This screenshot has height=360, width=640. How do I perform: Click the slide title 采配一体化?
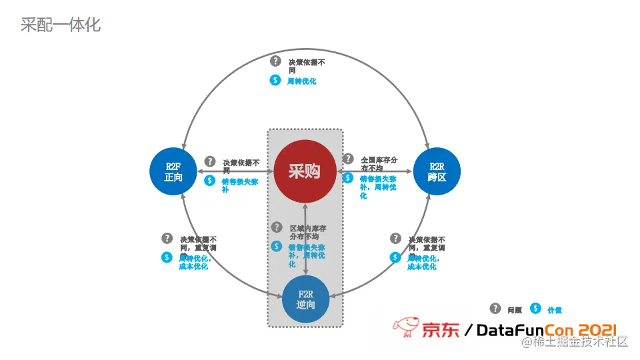click(61, 25)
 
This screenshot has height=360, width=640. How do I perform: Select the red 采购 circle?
click(304, 171)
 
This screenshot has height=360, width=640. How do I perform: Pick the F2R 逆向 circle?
click(306, 299)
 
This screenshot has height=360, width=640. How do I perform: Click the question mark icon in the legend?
click(495, 309)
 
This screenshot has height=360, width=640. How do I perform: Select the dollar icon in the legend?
click(535, 309)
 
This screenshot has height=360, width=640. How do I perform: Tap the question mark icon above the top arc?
click(275, 61)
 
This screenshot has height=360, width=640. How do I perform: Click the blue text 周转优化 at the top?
click(301, 81)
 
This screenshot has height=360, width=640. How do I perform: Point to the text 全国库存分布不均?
click(379, 164)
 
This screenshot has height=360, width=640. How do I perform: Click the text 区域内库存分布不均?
click(307, 232)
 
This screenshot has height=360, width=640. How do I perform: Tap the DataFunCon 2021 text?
click(546, 329)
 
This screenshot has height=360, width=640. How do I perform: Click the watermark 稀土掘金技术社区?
click(575, 342)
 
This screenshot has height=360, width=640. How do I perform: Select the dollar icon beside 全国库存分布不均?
click(347, 178)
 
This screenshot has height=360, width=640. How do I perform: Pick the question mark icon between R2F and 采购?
click(210, 161)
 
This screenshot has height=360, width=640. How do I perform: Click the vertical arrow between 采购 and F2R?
click(305, 240)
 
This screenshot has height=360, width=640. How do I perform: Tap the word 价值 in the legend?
click(554, 310)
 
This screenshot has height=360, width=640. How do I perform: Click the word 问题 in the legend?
click(514, 310)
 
